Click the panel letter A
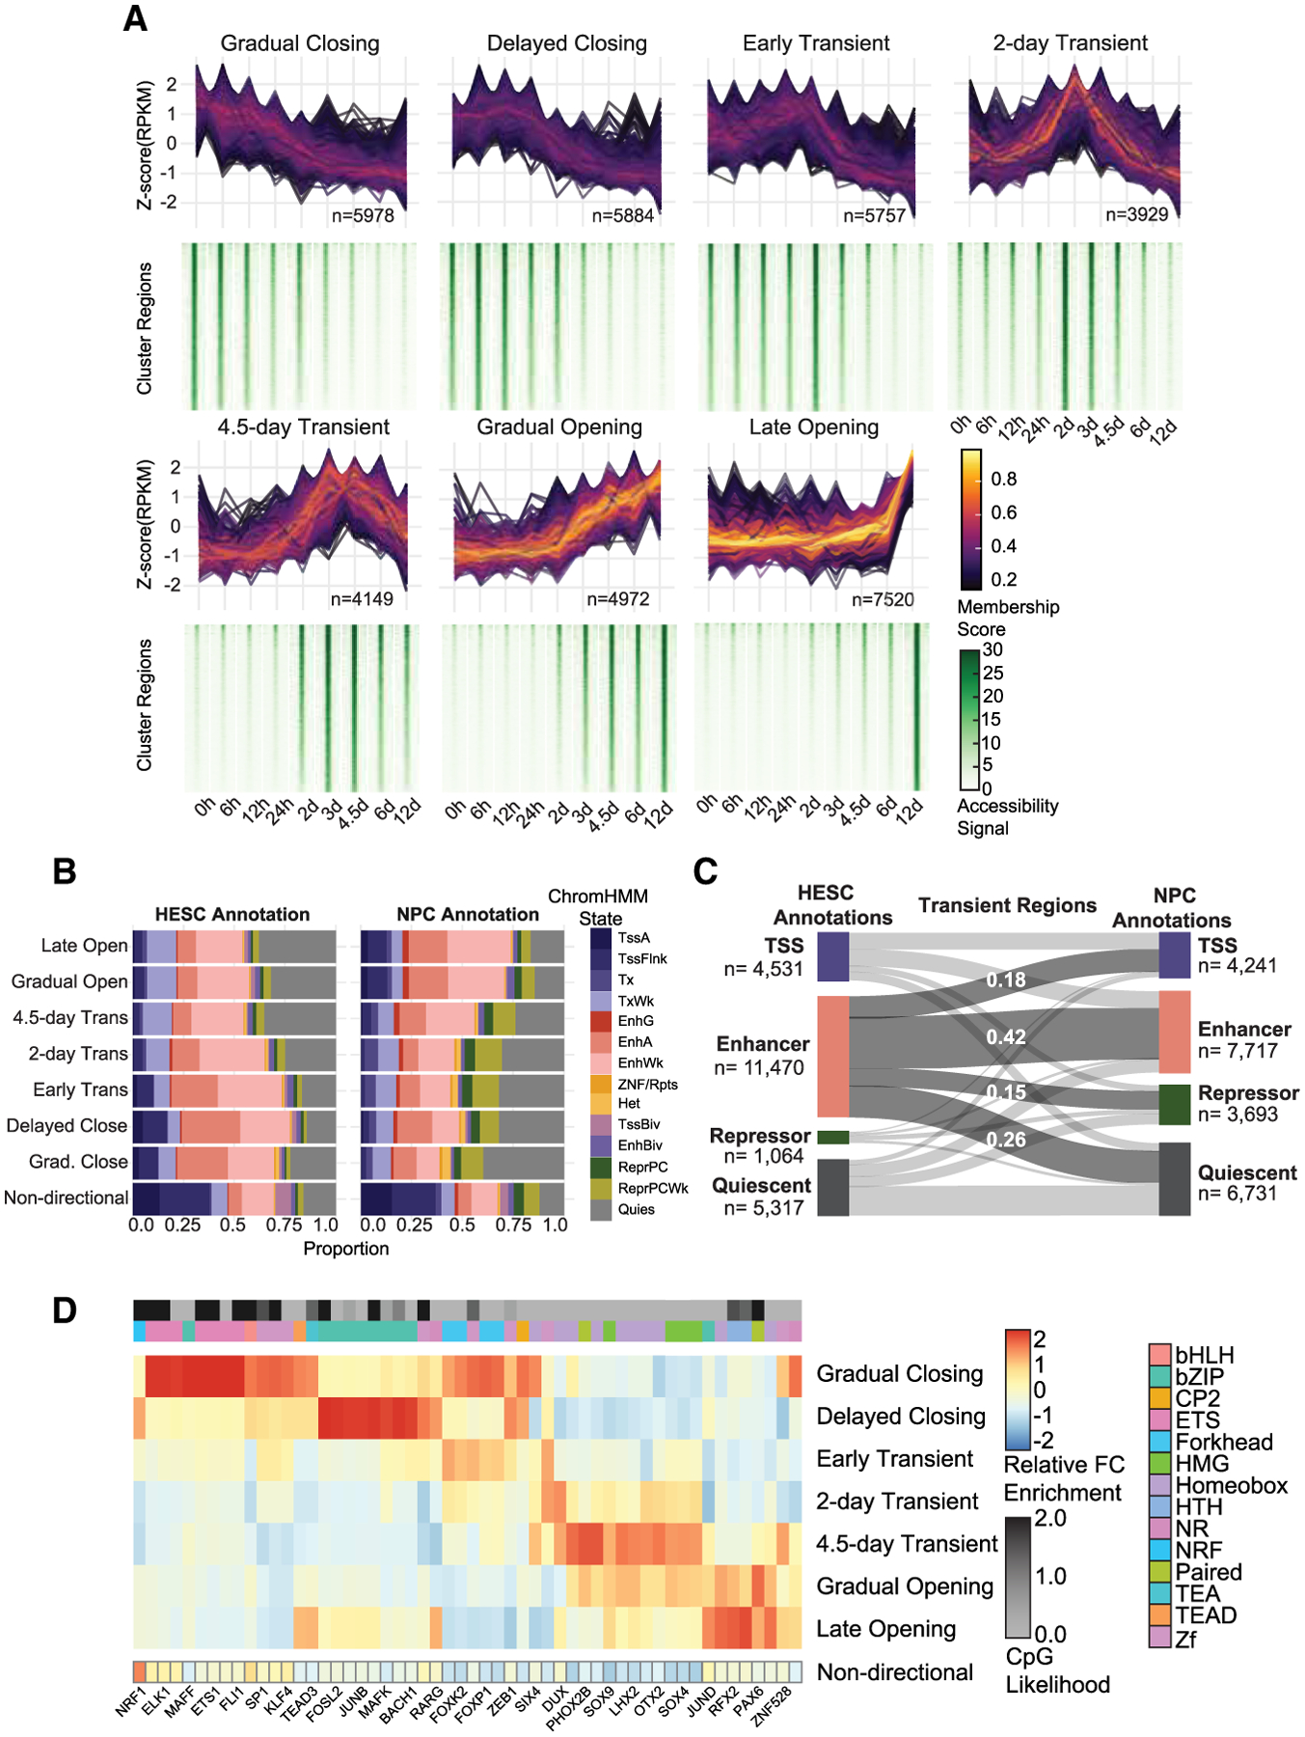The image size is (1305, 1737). click(x=135, y=18)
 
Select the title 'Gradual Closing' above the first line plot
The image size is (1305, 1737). click(x=300, y=43)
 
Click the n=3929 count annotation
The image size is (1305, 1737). click(x=1136, y=214)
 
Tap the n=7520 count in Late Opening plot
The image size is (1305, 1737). click(x=883, y=599)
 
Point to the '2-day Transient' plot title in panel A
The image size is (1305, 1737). click(x=1070, y=43)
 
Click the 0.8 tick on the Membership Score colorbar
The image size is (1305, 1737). click(x=1003, y=480)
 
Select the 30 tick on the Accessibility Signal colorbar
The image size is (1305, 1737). click(x=992, y=650)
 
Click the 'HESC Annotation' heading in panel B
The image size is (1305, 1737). click(x=232, y=914)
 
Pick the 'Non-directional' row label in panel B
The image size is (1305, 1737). click(x=66, y=1198)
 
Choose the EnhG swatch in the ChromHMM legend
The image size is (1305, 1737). click(x=601, y=1021)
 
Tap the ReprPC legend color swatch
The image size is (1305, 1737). click(x=601, y=1167)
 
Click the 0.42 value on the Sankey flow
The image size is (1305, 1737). click(x=1005, y=1037)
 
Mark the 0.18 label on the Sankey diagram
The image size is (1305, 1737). click(x=1005, y=980)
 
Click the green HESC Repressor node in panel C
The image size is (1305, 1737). click(x=833, y=1137)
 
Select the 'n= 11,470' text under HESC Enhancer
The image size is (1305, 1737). click(x=759, y=1067)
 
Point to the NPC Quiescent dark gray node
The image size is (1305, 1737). click(x=1174, y=1178)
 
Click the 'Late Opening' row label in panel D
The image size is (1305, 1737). click(x=885, y=1629)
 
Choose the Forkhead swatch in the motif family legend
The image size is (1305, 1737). click(x=1159, y=1442)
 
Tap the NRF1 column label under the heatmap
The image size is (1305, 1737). click(x=131, y=1701)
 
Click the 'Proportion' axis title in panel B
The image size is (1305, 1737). click(x=346, y=1249)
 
